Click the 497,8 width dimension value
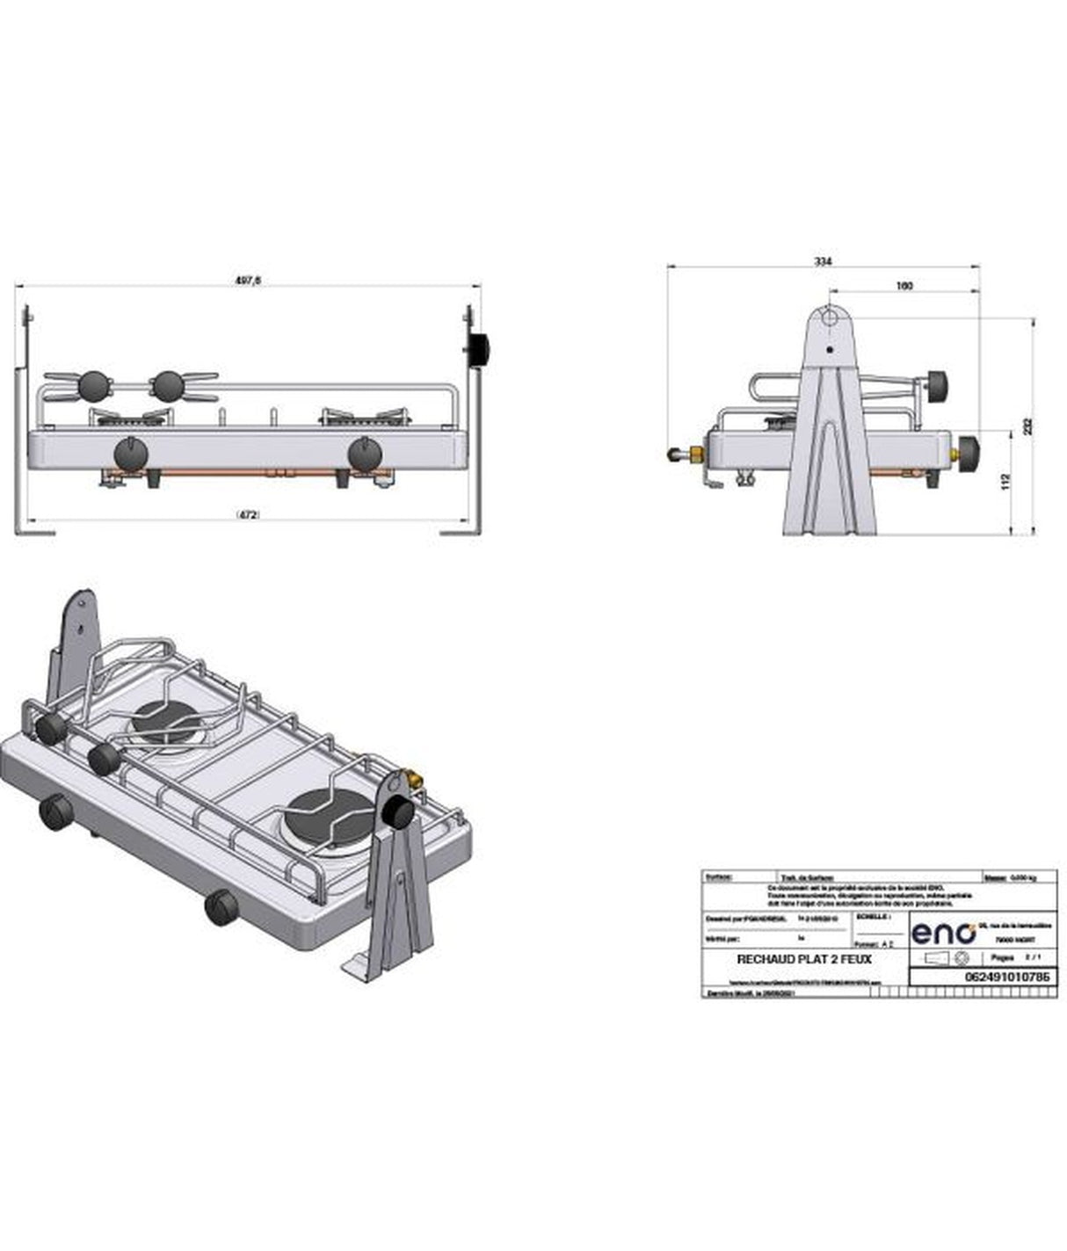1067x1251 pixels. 248,280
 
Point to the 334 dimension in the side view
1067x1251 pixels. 823,261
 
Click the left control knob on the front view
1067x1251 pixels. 131,454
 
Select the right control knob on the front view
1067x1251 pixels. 364,454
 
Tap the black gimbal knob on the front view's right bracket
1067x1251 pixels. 479,349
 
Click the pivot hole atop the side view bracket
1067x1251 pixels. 829,317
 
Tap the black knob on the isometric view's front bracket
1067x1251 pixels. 398,813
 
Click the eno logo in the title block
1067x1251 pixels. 943,932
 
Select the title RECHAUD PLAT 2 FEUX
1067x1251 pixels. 804,959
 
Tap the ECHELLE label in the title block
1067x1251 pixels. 873,916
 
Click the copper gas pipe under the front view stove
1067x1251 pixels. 246,473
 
